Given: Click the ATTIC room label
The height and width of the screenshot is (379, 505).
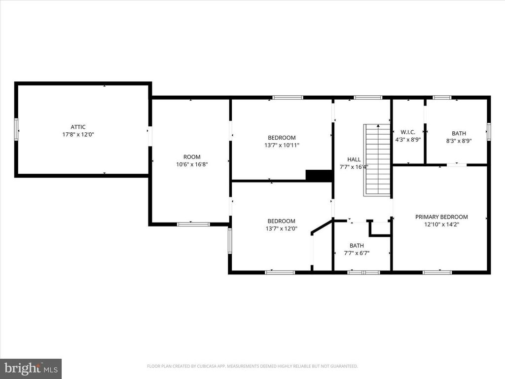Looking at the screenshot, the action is [78, 127].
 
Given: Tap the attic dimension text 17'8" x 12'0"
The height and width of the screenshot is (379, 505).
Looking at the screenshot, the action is [78, 134].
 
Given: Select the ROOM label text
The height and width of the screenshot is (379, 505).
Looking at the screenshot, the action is [192, 157].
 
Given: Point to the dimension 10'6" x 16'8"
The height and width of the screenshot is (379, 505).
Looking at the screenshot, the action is [192, 164].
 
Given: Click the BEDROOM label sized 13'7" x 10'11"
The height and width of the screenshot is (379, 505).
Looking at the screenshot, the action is [282, 138].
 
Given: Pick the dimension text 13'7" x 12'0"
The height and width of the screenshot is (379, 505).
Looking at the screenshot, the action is [282, 228].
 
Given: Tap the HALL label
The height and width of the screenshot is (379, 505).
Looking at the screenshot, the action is [354, 159].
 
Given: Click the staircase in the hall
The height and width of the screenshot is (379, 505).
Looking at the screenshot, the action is [377, 160].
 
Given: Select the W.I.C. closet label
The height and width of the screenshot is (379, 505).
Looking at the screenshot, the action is [408, 132].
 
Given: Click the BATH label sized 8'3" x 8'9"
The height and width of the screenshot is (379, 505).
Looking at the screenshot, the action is [459, 133].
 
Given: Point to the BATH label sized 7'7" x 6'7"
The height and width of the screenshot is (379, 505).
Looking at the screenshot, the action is [357, 246].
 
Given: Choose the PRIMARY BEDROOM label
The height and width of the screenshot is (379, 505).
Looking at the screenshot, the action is [441, 217].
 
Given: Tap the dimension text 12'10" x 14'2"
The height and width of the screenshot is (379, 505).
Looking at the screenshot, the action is [441, 225].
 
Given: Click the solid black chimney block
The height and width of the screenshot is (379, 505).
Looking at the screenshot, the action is [319, 175].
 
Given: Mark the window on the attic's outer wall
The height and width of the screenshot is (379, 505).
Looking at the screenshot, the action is [16, 129].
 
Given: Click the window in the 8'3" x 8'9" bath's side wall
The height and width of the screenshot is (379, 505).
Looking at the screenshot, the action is [489, 131].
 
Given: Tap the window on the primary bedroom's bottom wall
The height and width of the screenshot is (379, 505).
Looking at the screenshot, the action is [437, 272].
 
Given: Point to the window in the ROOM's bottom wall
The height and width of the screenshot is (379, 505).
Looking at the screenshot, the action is [193, 224].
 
